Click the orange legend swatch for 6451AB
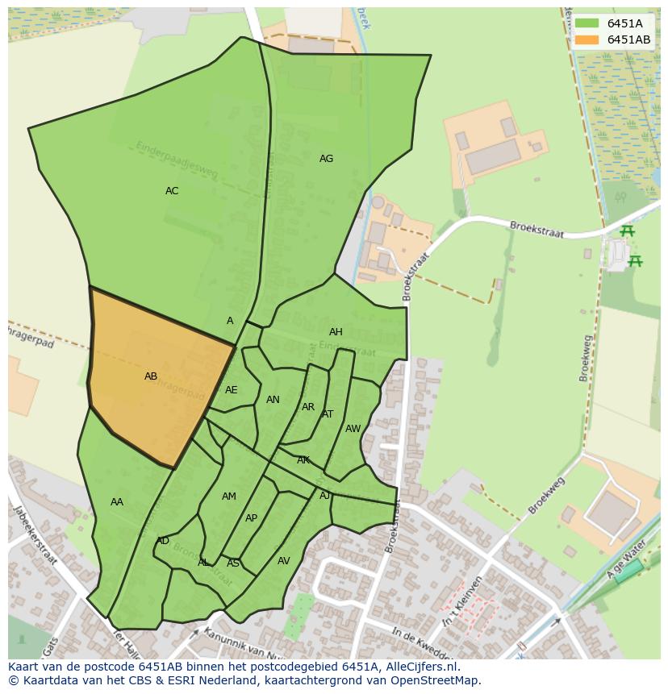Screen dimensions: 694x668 [587, 39]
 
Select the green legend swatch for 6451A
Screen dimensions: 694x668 [587, 23]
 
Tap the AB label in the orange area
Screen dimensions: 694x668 [151, 376]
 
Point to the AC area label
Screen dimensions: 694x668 [172, 191]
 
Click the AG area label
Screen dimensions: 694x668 [326, 159]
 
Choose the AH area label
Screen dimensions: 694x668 [336, 332]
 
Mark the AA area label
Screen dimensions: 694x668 [117, 502]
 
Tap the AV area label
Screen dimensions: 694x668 [283, 561]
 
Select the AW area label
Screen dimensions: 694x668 [353, 429]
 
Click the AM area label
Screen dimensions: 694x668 [229, 497]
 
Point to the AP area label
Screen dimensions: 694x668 [251, 518]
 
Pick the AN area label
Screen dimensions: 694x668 [273, 400]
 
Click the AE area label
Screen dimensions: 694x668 [232, 390]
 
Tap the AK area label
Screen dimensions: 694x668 [303, 460]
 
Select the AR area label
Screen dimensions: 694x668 [308, 407]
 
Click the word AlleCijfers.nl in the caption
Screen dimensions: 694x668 [419, 667]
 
